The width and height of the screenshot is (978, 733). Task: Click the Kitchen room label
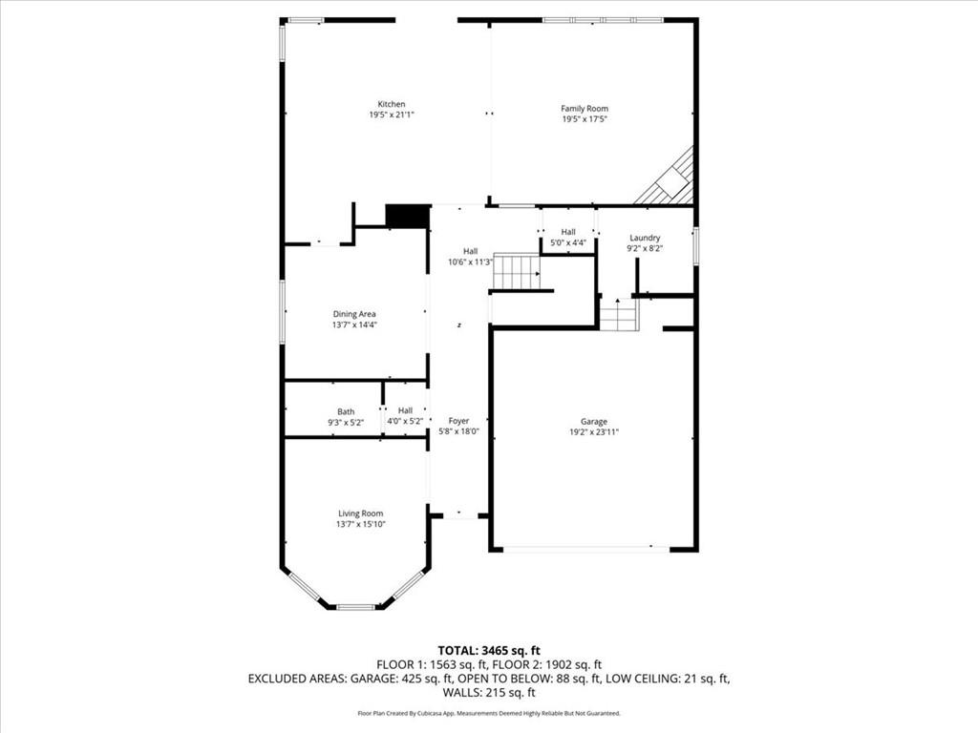click(x=392, y=104)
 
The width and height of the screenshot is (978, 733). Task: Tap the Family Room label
click(x=584, y=109)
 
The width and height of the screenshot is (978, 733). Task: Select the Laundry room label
click(x=645, y=238)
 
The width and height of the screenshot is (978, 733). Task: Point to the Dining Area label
click(x=354, y=314)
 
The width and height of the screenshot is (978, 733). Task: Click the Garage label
click(x=593, y=421)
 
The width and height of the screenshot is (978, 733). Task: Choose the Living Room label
click(x=360, y=513)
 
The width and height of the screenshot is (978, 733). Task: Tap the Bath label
click(x=345, y=411)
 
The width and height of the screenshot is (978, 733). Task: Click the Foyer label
click(x=458, y=420)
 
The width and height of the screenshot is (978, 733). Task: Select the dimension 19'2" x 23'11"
click(x=593, y=431)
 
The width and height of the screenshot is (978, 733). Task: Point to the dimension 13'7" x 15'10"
click(x=360, y=524)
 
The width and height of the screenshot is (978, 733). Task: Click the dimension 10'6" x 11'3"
click(x=470, y=262)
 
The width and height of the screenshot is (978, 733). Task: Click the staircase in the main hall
click(x=517, y=271)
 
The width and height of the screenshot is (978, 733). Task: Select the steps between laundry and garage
click(x=619, y=315)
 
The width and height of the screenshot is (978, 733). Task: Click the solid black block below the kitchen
click(x=407, y=216)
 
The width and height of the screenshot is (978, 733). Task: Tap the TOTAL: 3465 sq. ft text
click(x=489, y=651)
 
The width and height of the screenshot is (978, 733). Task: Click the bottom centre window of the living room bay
click(x=355, y=606)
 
